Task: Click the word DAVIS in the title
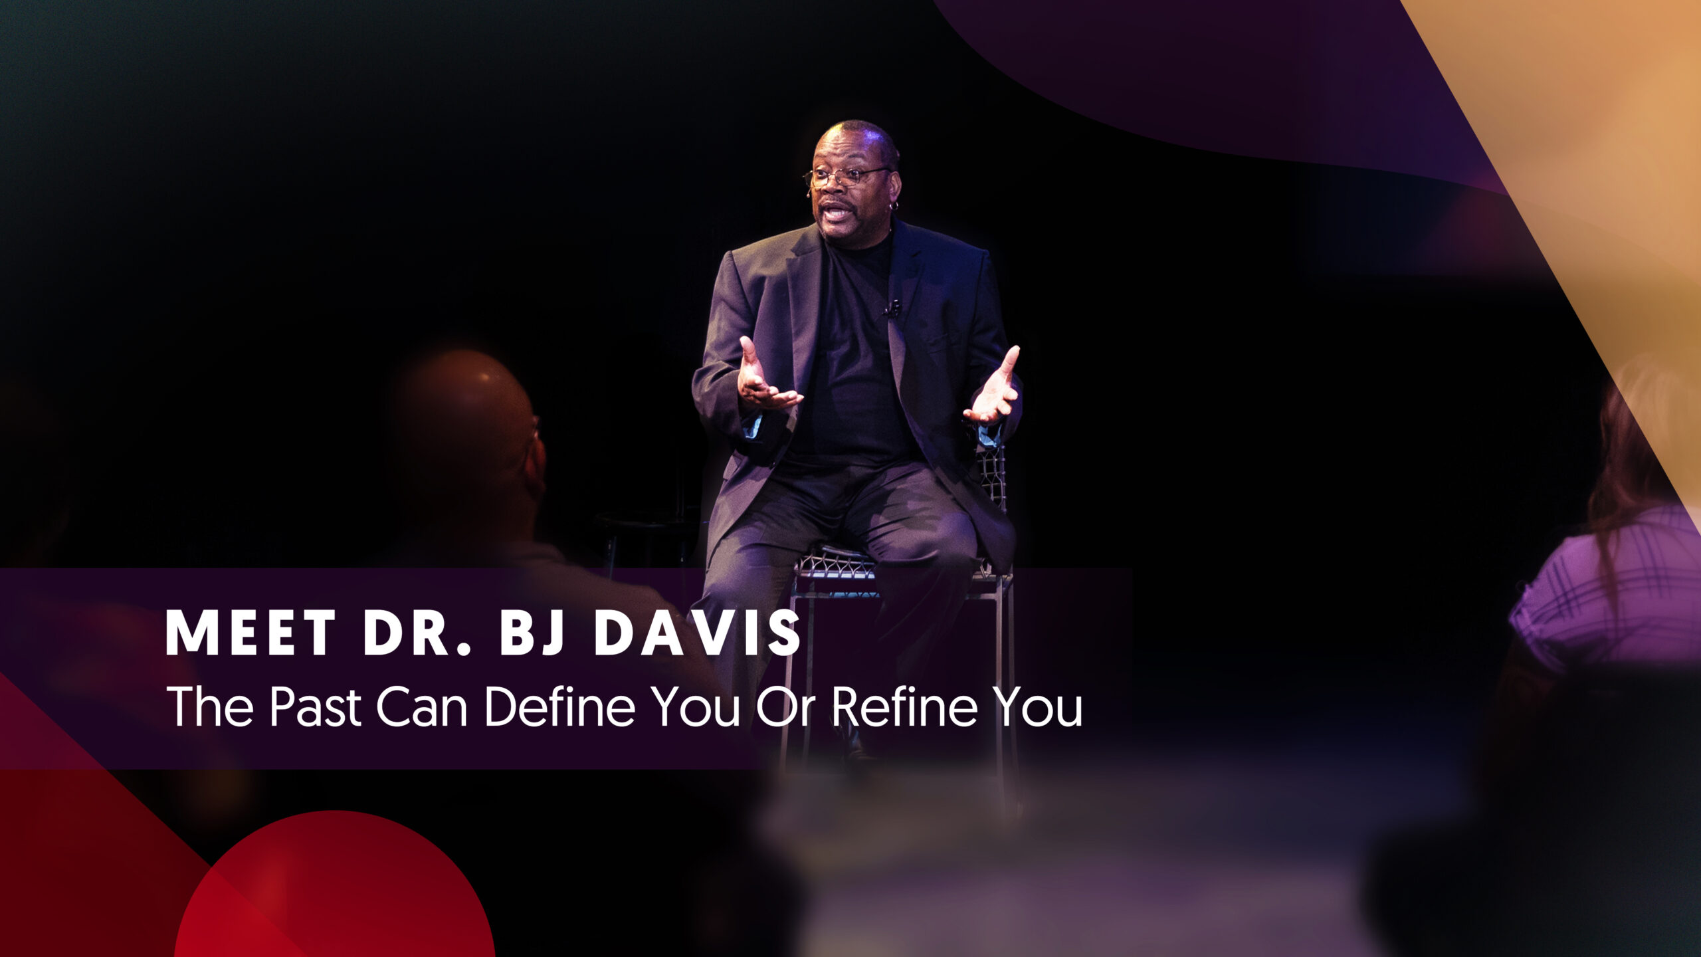(698, 633)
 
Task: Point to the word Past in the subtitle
(316, 707)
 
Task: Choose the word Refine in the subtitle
(904, 706)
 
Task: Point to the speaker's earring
(894, 207)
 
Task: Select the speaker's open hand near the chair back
(993, 388)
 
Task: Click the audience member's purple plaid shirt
(1608, 591)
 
